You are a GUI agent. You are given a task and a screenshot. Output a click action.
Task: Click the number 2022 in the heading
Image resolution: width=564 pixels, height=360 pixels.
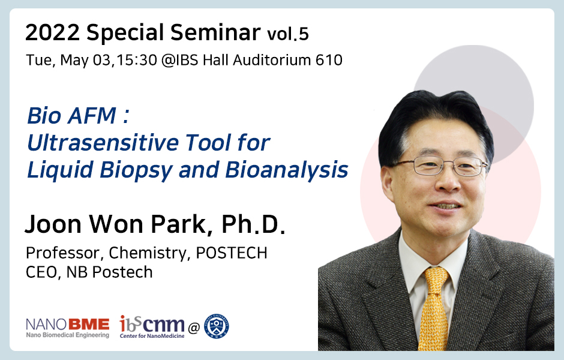click(53, 33)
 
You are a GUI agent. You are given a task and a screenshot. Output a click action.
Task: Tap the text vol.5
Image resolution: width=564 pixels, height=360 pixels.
click(288, 34)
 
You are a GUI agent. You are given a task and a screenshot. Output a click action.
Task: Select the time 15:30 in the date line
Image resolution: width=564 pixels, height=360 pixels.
click(137, 60)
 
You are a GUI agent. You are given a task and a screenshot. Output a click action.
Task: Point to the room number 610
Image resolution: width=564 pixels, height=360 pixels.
click(329, 60)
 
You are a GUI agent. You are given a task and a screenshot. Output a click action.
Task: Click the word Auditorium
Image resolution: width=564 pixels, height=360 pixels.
click(272, 60)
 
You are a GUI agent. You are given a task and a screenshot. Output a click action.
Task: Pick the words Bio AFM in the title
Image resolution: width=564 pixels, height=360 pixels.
click(72, 115)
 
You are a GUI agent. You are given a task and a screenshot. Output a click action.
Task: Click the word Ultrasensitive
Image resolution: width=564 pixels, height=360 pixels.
click(103, 142)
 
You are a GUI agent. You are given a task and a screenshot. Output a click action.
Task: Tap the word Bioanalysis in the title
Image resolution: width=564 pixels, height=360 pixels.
click(287, 169)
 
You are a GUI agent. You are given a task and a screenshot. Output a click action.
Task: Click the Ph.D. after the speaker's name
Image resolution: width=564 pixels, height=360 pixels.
click(253, 224)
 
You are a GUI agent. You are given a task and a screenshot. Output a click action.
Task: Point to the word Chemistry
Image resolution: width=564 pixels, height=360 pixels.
click(149, 253)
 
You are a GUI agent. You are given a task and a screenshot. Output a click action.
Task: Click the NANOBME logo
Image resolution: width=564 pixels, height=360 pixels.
click(68, 328)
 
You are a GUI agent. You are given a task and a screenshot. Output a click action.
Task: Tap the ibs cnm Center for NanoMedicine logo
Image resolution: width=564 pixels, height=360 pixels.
click(152, 327)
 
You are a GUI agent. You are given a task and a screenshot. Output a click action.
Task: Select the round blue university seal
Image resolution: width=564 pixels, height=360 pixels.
click(217, 326)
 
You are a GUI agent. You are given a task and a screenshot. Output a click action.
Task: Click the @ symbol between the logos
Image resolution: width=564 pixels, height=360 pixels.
click(194, 328)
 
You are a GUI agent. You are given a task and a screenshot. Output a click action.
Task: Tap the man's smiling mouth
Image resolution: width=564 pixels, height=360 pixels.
click(446, 206)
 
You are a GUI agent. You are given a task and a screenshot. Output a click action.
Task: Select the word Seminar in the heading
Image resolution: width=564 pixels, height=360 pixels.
click(215, 32)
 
